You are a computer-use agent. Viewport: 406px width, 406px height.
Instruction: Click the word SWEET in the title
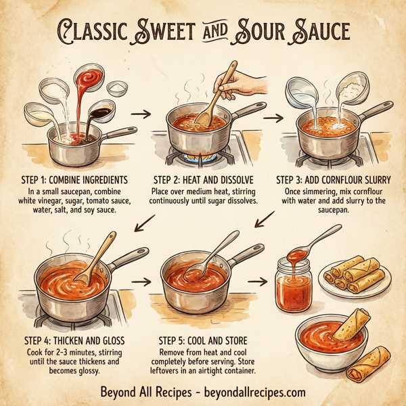[161, 32]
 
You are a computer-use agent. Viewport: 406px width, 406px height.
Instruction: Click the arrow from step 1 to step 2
[142, 114]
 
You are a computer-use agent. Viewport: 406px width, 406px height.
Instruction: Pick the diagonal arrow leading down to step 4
[145, 223]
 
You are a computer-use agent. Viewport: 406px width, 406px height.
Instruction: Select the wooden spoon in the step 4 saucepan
[93, 261]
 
